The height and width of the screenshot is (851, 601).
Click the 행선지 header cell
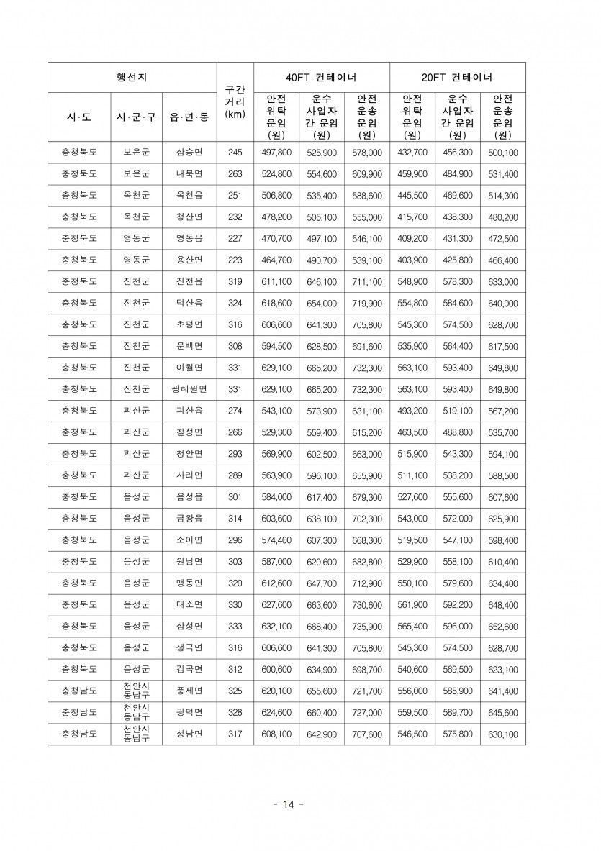click(x=132, y=77)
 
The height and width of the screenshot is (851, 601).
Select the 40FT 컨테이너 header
click(x=321, y=77)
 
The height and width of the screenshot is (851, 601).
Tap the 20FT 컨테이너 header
click(x=457, y=77)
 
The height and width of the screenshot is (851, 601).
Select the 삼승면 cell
click(x=189, y=153)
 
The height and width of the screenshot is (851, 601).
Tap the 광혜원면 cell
click(x=189, y=389)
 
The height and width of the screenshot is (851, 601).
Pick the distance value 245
click(x=235, y=153)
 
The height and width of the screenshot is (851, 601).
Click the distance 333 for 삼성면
click(x=235, y=627)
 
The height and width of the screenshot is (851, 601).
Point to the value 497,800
click(x=276, y=153)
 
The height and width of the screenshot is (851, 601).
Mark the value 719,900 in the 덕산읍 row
click(x=366, y=304)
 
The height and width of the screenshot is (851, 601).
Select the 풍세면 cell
click(x=189, y=691)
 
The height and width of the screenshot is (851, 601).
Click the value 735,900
click(x=366, y=627)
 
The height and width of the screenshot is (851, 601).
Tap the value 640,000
click(x=502, y=304)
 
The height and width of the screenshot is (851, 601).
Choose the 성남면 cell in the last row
click(x=189, y=734)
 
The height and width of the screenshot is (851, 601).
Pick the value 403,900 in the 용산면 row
click(x=412, y=260)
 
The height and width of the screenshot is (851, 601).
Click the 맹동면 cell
click(x=189, y=583)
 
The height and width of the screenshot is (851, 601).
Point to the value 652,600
click(x=502, y=627)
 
